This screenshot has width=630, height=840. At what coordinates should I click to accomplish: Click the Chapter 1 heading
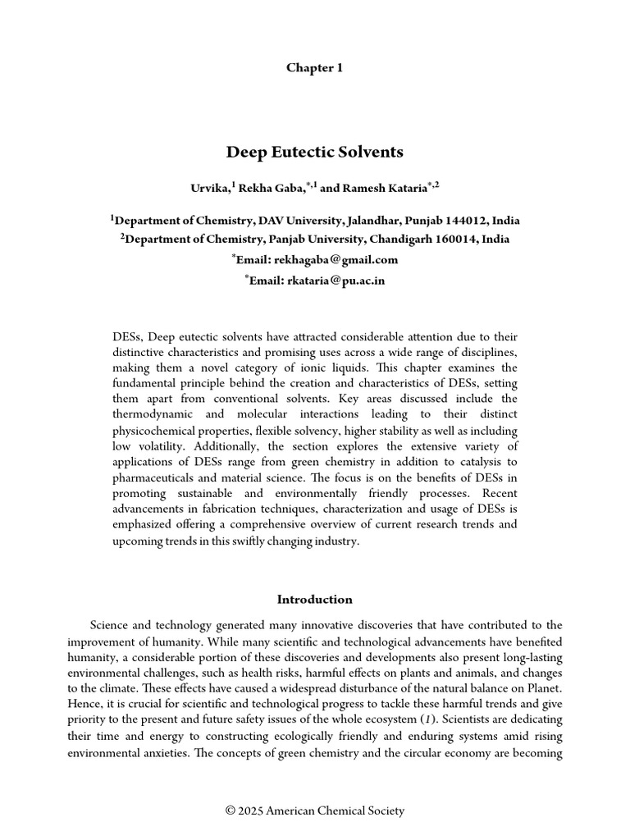pos(314,68)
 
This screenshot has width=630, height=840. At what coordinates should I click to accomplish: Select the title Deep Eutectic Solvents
pos(314,152)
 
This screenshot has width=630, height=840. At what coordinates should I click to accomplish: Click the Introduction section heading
pos(314,600)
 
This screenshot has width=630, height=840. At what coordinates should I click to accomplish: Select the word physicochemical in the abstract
pos(154,431)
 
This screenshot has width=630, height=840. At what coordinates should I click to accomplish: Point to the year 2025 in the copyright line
pos(253,811)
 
